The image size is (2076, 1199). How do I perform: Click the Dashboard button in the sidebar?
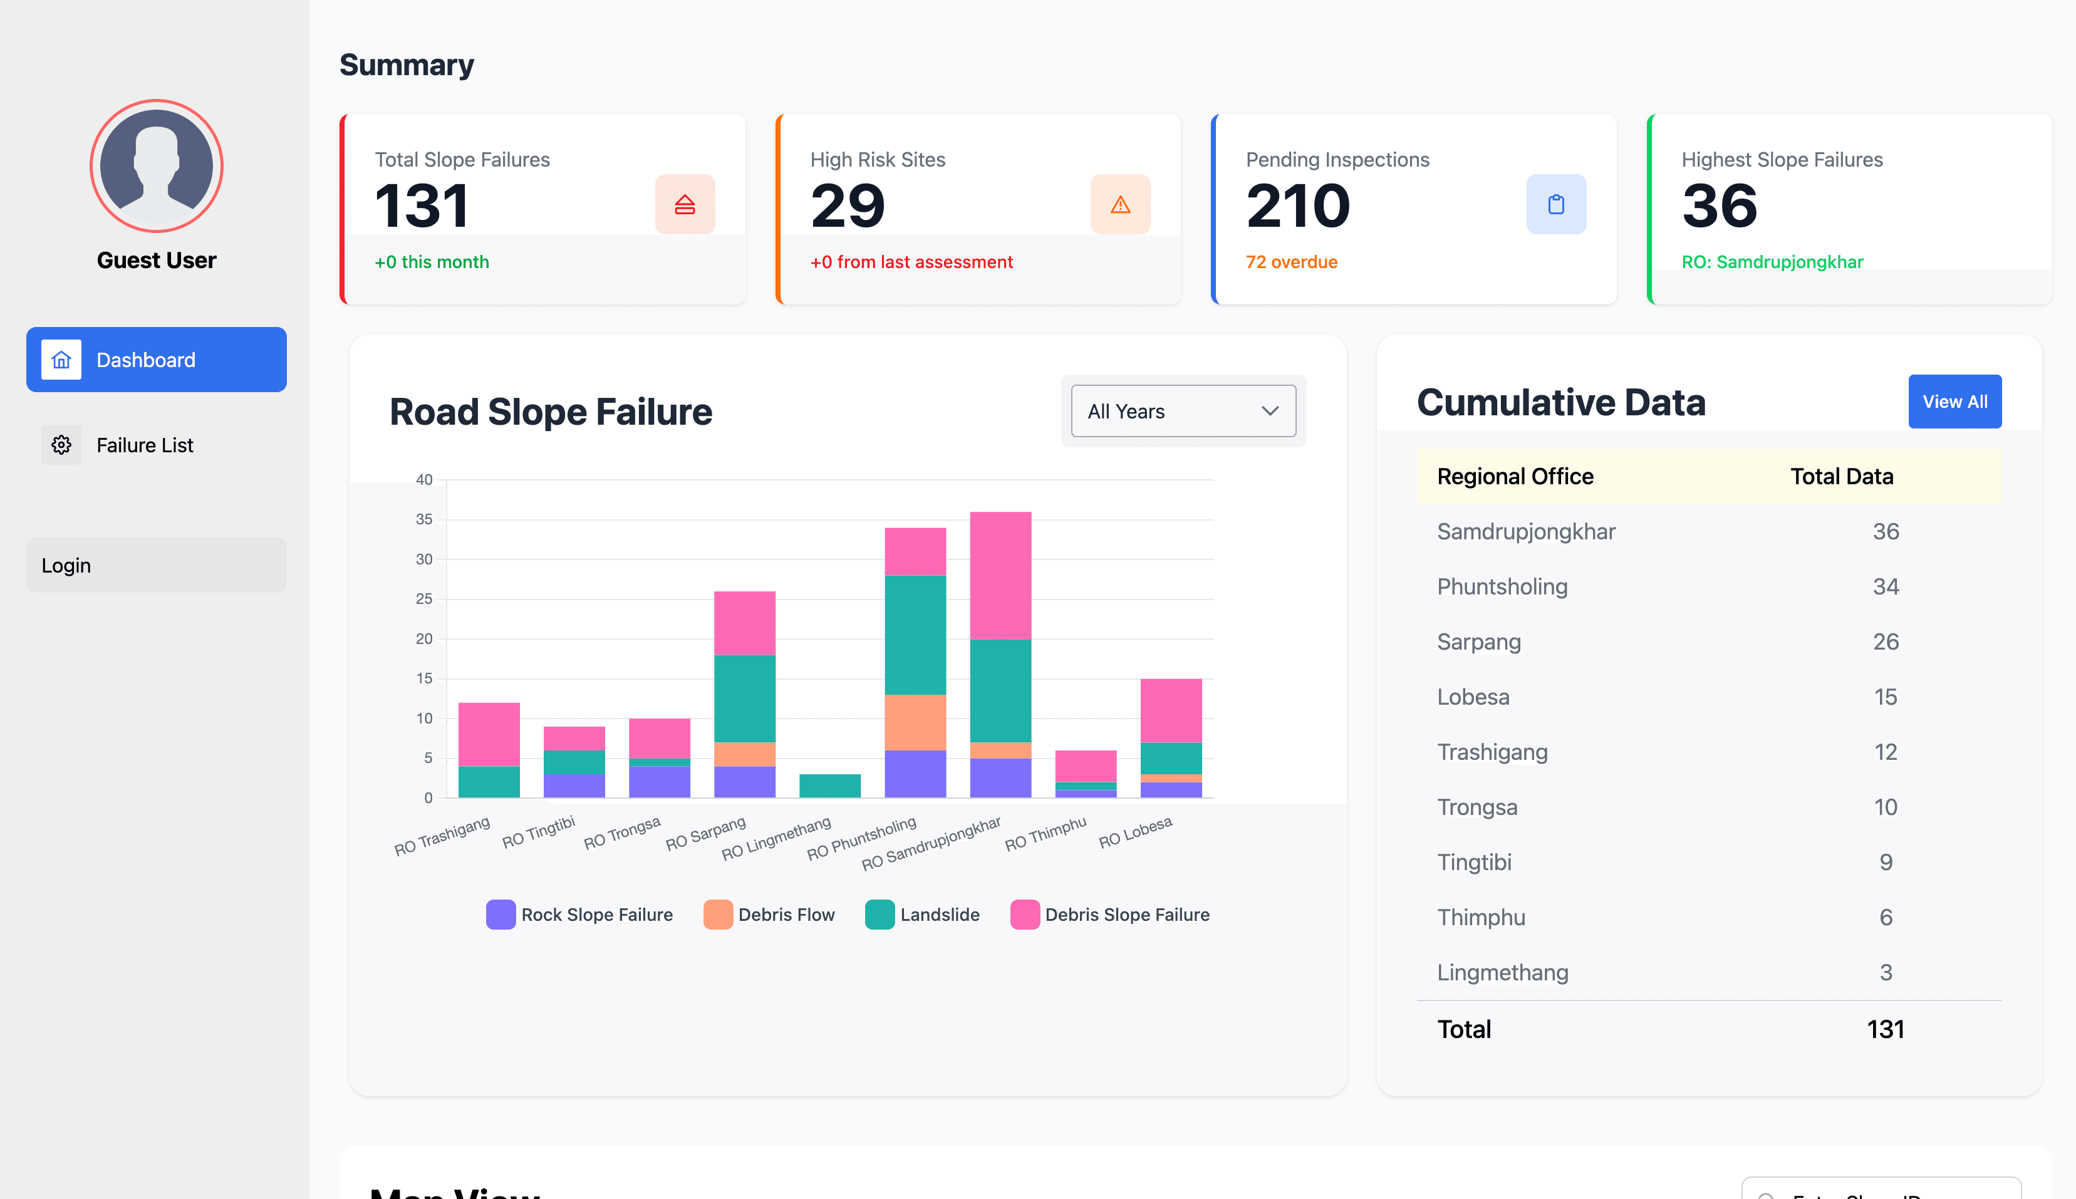coord(157,360)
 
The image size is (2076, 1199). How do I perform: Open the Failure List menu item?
coord(144,445)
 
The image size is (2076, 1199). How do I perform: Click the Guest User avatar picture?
coord(157,165)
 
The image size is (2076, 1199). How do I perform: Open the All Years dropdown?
coord(1183,411)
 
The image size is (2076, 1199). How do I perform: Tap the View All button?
coord(1954,402)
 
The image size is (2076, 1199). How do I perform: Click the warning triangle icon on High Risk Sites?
coord(1120,204)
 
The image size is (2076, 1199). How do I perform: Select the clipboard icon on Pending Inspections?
coord(1555,204)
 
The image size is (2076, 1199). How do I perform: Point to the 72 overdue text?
coord(1291,262)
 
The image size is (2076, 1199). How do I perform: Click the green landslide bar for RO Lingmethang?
coord(829,786)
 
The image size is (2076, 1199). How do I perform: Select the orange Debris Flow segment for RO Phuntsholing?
coord(915,722)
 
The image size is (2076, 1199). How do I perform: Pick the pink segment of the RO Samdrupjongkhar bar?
coord(1000,575)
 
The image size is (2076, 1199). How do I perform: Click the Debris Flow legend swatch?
coord(718,915)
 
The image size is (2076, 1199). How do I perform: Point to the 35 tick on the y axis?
coord(424,519)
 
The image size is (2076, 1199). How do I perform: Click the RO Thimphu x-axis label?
coord(1045,833)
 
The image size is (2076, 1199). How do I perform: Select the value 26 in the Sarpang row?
coord(1885,641)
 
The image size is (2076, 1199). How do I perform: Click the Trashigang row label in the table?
coord(1492,752)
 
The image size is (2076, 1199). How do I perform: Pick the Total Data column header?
coord(1841,476)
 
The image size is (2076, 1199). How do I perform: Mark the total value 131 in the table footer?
coord(1885,1029)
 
